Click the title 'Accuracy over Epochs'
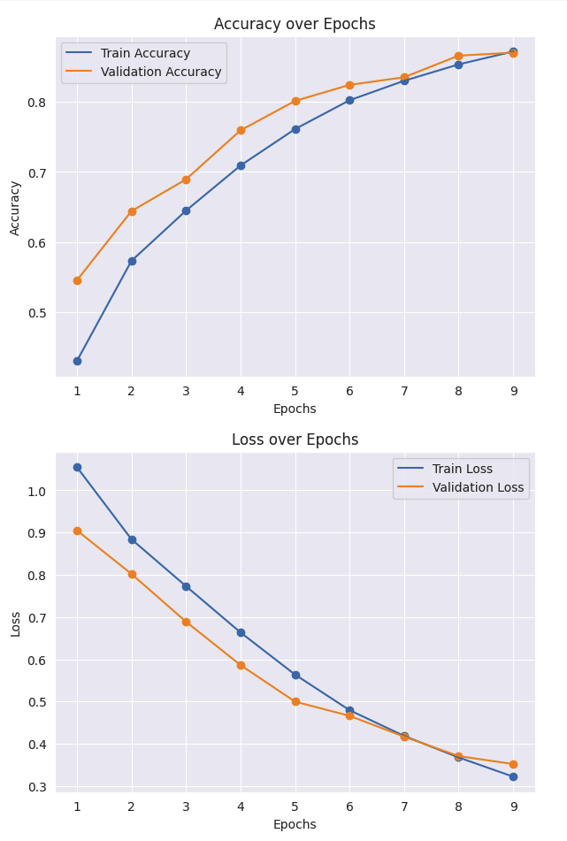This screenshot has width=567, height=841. pyautogui.click(x=295, y=24)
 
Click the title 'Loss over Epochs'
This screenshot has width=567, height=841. pyautogui.click(x=295, y=440)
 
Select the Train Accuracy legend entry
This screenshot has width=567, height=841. pyautogui.click(x=145, y=53)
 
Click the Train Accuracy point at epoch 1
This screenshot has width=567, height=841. pyautogui.click(x=77, y=361)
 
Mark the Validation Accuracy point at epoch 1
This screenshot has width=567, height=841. pyautogui.click(x=77, y=280)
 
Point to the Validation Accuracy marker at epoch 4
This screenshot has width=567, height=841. pyautogui.click(x=241, y=130)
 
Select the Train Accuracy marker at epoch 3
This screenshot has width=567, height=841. pyautogui.click(x=186, y=210)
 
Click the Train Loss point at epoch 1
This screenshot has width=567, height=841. pyautogui.click(x=77, y=467)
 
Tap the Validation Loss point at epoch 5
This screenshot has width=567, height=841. pyautogui.click(x=295, y=701)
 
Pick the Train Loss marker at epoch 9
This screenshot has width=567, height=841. pyautogui.click(x=513, y=776)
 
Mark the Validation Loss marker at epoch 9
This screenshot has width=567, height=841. pyautogui.click(x=513, y=764)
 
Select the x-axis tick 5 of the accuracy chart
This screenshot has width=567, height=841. pyautogui.click(x=295, y=390)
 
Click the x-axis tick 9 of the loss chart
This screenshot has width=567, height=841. pyautogui.click(x=513, y=806)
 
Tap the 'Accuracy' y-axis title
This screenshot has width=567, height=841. pyautogui.click(x=15, y=208)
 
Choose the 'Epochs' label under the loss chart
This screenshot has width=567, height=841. pyautogui.click(x=295, y=824)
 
